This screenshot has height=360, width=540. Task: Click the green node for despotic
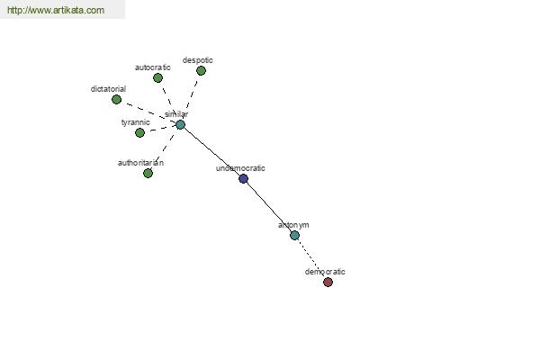(201, 70)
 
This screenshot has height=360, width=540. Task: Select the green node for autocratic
(157, 78)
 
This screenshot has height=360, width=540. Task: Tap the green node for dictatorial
(116, 100)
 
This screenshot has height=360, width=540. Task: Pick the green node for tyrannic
(139, 132)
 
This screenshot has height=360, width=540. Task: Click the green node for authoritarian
(148, 173)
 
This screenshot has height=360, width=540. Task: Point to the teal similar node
(181, 125)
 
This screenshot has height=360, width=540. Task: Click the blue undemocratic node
(244, 178)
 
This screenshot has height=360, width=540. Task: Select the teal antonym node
(294, 235)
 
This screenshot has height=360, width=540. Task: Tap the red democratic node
(328, 282)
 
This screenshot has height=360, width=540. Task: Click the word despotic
(198, 60)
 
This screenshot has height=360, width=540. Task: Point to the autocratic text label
(153, 67)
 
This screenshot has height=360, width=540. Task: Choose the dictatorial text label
(108, 89)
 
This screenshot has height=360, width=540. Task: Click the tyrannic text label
(135, 122)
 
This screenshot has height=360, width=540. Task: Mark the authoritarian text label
(140, 163)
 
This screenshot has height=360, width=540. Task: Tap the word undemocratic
(240, 168)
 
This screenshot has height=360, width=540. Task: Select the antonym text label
(293, 225)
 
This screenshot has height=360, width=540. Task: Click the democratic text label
(325, 272)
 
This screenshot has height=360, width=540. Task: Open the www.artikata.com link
(56, 10)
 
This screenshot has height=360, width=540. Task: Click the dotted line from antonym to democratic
(311, 258)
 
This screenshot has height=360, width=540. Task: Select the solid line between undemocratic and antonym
(269, 207)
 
